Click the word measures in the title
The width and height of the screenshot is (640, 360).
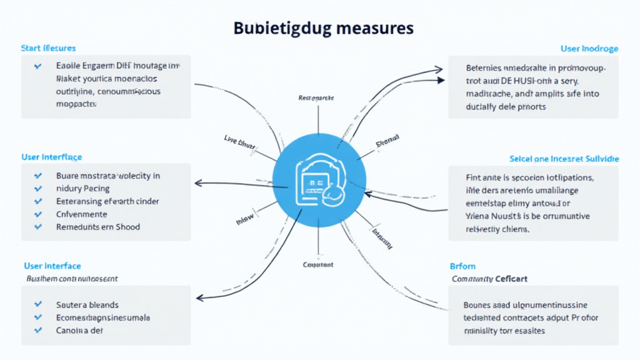376,29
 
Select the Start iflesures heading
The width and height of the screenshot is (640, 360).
49,48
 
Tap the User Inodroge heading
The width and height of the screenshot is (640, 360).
589,48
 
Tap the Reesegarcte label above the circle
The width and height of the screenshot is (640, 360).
316,98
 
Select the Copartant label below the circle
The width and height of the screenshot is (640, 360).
318,265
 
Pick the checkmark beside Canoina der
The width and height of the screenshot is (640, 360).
38,330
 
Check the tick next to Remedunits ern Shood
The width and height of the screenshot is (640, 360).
38,227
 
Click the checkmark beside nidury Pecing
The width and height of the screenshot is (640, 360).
38,189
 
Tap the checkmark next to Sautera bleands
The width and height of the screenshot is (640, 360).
38,304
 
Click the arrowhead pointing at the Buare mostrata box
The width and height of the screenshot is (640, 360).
199,183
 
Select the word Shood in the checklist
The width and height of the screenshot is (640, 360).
127,227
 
